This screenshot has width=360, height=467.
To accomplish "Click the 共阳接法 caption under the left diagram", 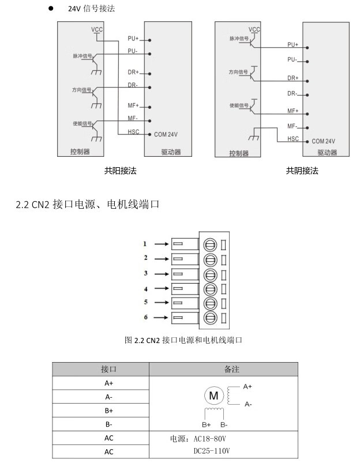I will point(121,171).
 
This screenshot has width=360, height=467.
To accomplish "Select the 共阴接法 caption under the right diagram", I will point(302,171).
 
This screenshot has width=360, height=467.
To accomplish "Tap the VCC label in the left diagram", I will point(96,29).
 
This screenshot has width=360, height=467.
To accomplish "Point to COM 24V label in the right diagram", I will point(323,141).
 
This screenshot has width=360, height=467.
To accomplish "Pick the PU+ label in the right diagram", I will point(292,44).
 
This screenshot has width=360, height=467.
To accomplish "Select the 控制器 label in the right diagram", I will point(239,153).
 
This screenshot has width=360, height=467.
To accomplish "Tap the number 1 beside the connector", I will point(146,243).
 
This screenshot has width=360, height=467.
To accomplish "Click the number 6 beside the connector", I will point(146,317).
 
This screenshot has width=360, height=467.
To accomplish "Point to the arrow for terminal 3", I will point(160,273).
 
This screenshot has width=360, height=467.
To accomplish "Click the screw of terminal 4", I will point(210,288).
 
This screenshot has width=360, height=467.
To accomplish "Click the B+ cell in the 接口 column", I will point(109,410).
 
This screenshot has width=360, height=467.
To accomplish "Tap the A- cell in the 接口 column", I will point(109,397).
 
